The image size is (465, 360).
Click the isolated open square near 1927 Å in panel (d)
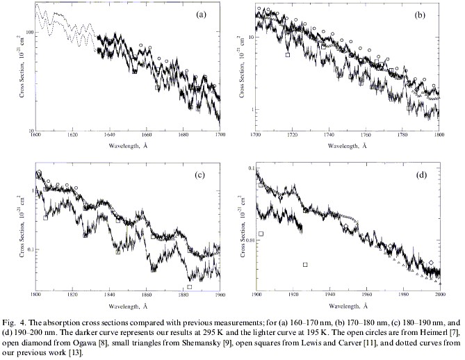pyautogui.click(x=306, y=265)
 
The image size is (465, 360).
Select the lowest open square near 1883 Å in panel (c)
pyautogui.click(x=190, y=286)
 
